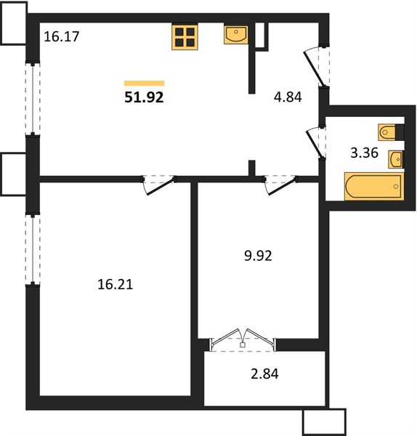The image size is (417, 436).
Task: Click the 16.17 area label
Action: click(x=62, y=37)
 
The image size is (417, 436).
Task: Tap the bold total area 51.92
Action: click(x=144, y=97)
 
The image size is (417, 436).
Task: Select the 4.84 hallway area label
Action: click(x=288, y=97)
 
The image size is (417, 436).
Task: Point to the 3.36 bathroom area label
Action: click(x=364, y=153)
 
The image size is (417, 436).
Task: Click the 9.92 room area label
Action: click(x=258, y=256)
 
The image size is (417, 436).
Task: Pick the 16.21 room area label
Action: click(x=115, y=284)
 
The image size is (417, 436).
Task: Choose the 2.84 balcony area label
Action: click(x=264, y=374)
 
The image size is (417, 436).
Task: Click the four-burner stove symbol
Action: click(x=185, y=37)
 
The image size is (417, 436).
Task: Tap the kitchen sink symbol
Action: click(x=236, y=35)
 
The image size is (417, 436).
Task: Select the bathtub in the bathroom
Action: click(x=374, y=186)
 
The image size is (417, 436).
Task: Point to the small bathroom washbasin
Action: click(x=395, y=159)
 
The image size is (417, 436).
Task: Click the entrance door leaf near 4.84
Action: click(x=314, y=69)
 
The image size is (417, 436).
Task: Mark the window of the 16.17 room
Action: click(x=33, y=99)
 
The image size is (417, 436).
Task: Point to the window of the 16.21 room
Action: click(x=33, y=249)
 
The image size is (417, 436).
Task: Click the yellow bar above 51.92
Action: click(x=144, y=83)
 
